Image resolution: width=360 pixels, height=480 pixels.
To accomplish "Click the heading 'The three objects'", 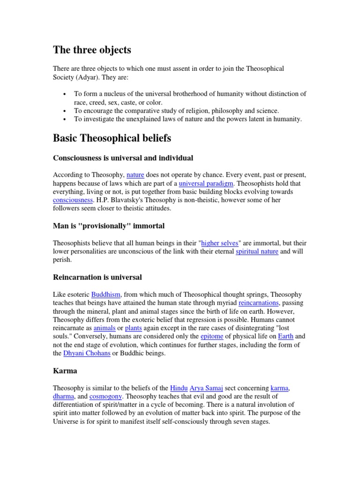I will (92, 50).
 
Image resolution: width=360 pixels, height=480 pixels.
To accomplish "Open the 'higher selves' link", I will (220, 243).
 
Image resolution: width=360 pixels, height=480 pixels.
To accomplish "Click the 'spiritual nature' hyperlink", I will (257, 251).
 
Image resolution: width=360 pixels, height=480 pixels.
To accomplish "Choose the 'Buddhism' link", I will (106, 294).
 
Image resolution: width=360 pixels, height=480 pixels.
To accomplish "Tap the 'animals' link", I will (104, 328).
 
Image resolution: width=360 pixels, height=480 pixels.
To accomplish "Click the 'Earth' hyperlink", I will (285, 336).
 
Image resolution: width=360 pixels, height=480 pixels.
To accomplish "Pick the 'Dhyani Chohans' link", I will (87, 353).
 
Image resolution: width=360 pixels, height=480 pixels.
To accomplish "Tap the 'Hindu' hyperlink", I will (179, 388).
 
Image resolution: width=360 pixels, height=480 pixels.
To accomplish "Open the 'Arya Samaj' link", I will (207, 388).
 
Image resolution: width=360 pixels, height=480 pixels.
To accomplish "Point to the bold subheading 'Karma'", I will (65, 370).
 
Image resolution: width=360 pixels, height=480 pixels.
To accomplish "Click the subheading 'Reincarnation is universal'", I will (97, 277).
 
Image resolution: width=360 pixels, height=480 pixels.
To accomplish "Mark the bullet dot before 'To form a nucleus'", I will (64, 94).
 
